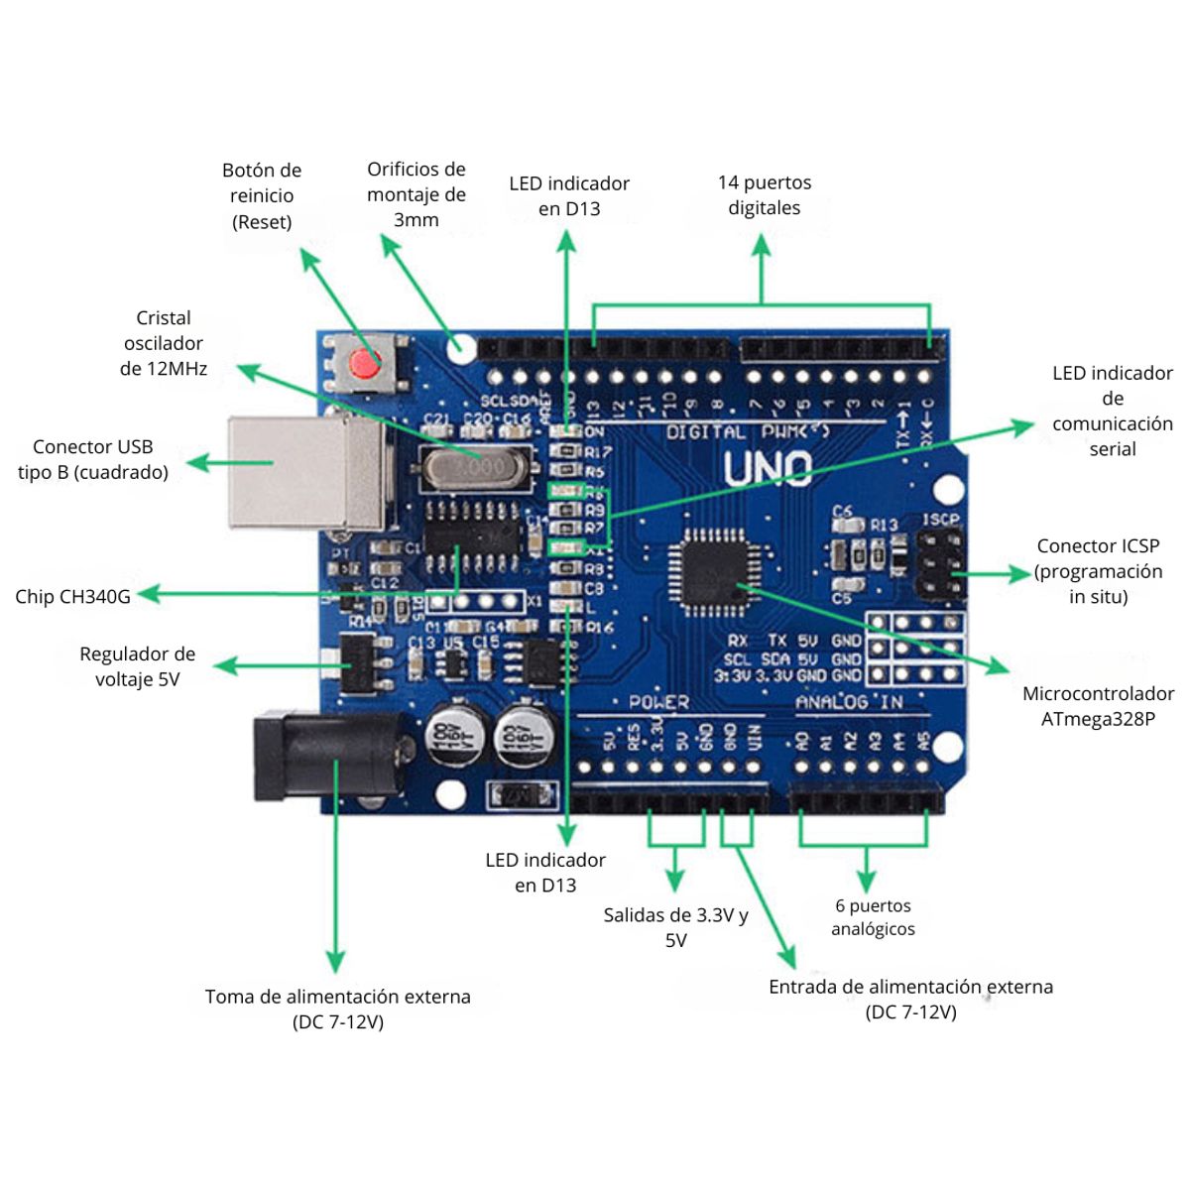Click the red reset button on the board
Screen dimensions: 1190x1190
[364, 364]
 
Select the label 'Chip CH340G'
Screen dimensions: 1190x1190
[72, 596]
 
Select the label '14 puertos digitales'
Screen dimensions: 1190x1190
[764, 195]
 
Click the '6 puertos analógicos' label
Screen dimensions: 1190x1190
[873, 917]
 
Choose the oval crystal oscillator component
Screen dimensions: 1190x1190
[470, 467]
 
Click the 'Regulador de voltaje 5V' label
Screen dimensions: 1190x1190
[138, 666]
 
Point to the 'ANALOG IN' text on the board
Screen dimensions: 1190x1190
[849, 702]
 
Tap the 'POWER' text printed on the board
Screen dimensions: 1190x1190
[658, 702]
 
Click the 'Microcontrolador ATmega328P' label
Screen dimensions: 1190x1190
[1098, 706]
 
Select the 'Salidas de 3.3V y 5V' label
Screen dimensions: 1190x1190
[675, 927]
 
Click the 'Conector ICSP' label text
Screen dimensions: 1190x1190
[1097, 571]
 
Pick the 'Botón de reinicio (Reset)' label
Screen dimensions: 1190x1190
[262, 196]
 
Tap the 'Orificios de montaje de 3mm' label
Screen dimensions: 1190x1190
[416, 194]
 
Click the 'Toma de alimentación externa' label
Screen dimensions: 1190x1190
[337, 1009]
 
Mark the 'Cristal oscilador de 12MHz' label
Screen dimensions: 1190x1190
[164, 343]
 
